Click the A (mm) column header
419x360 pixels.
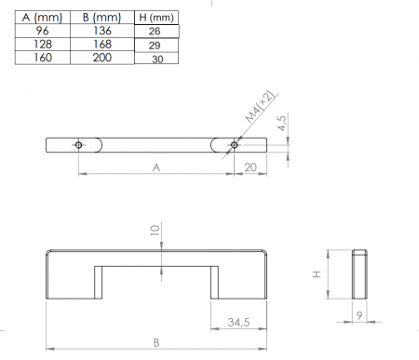pos(42,18)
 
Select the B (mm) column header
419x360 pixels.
pos(102,18)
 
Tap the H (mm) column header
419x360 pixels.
pos(156,18)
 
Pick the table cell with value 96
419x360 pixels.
pos(42,31)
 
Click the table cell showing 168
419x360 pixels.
pos(102,44)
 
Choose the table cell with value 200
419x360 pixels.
pos(102,58)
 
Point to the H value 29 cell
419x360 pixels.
pos(156,46)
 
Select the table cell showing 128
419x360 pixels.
pos(42,44)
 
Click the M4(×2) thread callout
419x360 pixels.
pos(260,106)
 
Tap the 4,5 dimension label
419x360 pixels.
pos(282,123)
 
